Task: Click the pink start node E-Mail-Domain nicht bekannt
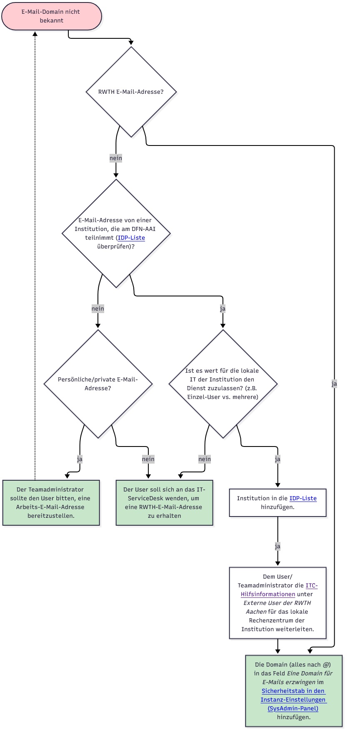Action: point(51,16)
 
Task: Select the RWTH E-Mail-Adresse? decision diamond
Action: point(131,92)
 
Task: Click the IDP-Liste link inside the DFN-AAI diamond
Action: point(131,238)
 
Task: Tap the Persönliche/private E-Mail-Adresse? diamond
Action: point(98,384)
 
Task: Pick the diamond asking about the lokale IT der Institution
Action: point(222,384)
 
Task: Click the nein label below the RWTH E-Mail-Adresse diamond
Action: point(116,158)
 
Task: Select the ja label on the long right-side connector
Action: point(334,384)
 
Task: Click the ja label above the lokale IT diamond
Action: point(222,309)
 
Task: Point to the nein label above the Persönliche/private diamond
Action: point(98,309)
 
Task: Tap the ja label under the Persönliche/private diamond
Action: point(80,459)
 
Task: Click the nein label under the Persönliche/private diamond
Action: point(148,459)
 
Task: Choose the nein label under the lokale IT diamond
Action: point(205,459)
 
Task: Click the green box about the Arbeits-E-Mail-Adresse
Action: point(51,502)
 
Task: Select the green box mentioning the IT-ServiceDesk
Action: point(164,502)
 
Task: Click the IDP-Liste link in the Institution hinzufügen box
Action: point(303,498)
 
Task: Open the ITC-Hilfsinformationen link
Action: point(279,590)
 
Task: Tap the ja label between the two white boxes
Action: point(277,546)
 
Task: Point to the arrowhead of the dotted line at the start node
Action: point(35,34)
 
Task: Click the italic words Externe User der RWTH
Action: point(277,603)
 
